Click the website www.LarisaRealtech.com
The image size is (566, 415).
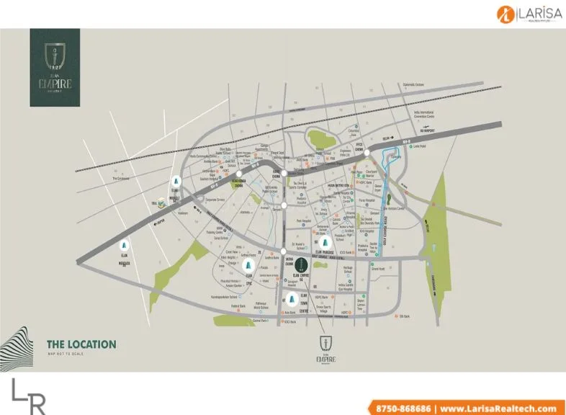click(498, 408)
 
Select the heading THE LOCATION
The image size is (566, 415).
click(81, 344)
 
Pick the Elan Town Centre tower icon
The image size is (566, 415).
click(292, 300)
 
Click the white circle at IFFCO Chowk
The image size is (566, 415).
click(367, 153)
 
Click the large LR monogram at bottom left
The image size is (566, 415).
click(29, 396)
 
